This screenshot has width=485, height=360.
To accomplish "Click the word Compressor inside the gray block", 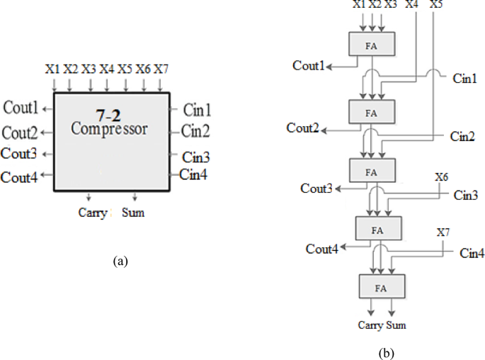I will (109, 130).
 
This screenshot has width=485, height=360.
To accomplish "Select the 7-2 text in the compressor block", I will (109, 114).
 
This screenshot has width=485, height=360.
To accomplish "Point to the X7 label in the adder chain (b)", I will (443, 232).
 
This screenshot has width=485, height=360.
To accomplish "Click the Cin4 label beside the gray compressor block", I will (193, 174).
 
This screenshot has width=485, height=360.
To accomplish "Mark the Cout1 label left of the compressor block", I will (21, 108).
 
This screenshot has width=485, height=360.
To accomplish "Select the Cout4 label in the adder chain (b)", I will (321, 249).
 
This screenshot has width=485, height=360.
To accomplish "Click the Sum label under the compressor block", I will (132, 213).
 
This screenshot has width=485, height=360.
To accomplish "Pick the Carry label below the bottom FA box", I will (370, 327).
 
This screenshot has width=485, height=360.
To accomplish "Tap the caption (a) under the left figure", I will (120, 261).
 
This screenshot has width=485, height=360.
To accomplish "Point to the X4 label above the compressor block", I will (106, 69).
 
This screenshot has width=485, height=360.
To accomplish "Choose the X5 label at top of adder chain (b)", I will (437, 5).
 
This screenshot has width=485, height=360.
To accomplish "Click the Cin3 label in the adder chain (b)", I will (465, 194).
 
